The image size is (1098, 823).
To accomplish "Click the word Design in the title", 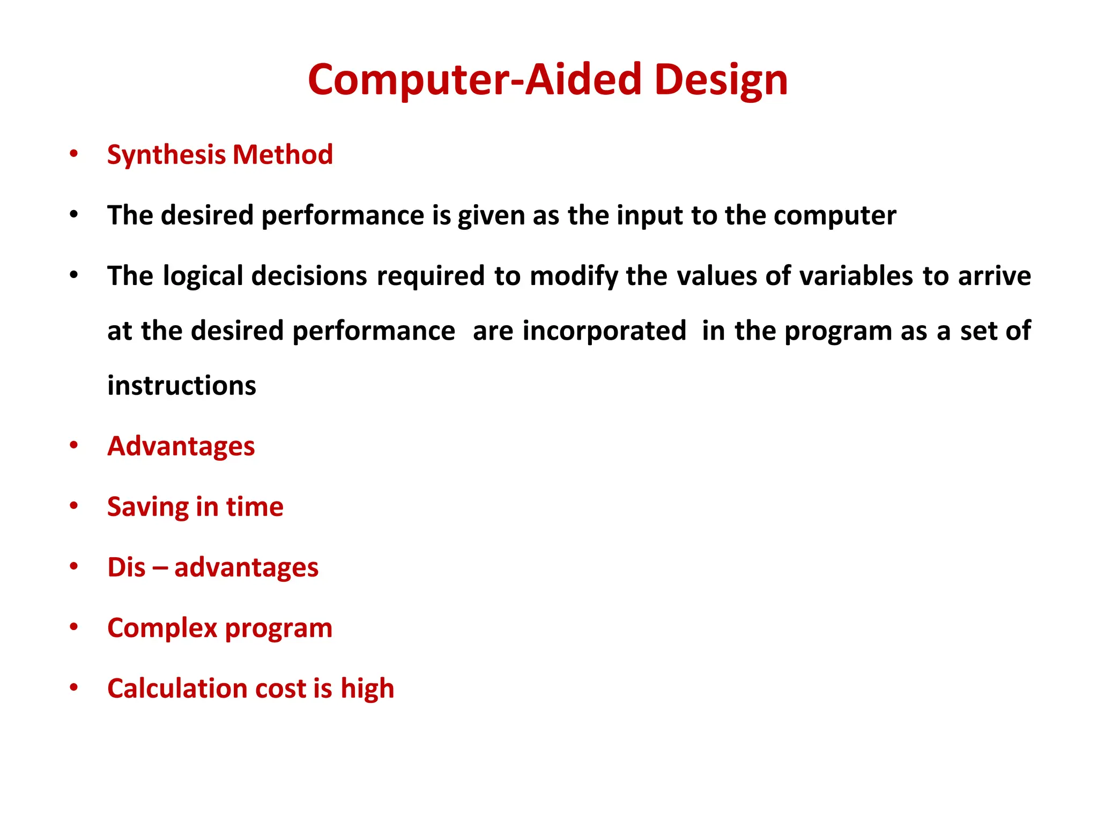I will point(721,80).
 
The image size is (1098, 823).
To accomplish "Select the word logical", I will point(203,276).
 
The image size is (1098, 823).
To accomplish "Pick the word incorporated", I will point(604,331).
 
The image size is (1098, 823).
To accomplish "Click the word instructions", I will point(182,386).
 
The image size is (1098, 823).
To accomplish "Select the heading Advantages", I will point(181,446).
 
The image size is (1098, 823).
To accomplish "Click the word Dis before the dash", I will point(127,567).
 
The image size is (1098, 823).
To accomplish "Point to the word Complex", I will point(162,629).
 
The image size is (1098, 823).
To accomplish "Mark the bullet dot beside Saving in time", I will point(74,505).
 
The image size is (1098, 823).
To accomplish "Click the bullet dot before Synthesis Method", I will point(74,154).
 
